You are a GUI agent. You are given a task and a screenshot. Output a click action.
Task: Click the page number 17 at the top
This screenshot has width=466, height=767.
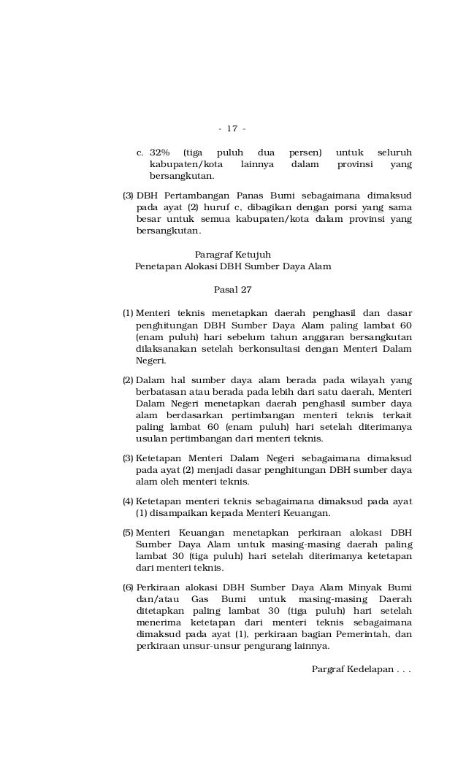tap(232, 129)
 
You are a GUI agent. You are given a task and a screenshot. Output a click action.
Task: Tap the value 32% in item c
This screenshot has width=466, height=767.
tap(159, 153)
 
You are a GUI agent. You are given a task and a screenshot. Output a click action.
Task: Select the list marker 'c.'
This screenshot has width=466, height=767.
tap(140, 153)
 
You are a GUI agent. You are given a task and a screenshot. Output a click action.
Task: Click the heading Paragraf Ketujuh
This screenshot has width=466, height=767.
tap(233, 254)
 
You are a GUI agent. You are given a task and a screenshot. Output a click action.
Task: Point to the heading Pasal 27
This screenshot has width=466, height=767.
tap(232, 290)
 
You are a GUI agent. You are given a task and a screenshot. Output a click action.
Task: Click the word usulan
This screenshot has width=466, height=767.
tap(150, 439)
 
